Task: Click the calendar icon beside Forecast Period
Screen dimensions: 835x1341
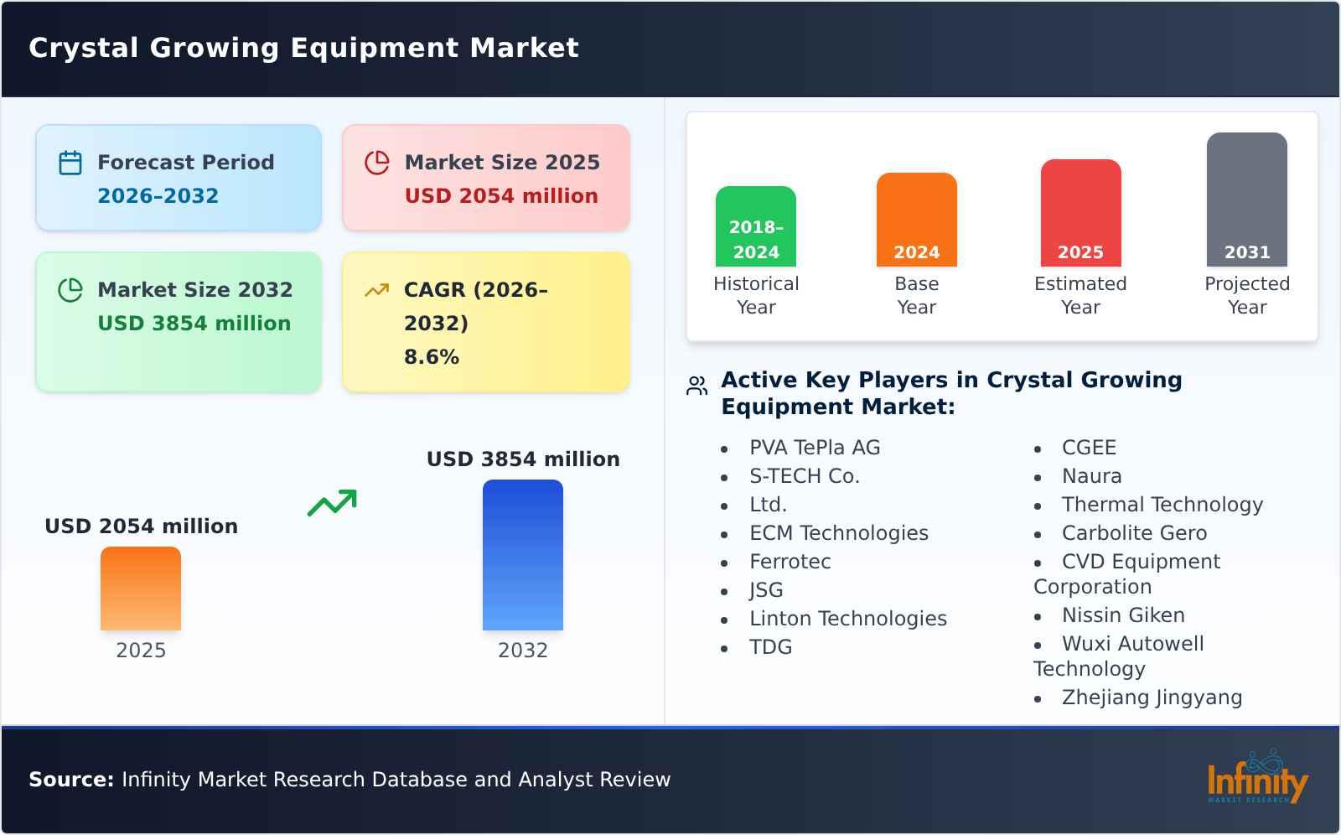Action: click(x=70, y=163)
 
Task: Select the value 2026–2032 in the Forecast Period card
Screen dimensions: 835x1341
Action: click(x=158, y=196)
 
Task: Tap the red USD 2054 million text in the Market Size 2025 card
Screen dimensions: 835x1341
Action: click(x=501, y=196)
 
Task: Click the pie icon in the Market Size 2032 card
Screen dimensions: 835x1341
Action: click(x=70, y=290)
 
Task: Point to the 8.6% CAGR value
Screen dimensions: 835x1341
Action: click(x=431, y=357)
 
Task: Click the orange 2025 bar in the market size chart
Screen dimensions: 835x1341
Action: click(x=141, y=589)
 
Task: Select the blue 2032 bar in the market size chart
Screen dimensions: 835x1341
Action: click(x=522, y=555)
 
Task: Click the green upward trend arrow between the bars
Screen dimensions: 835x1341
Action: click(x=332, y=503)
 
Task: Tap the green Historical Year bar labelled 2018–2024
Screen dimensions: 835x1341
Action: click(x=756, y=226)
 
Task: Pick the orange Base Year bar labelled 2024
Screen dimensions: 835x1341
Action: click(x=916, y=220)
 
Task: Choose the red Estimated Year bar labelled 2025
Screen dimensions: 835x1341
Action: click(x=1080, y=213)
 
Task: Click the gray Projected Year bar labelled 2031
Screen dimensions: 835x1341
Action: click(x=1246, y=200)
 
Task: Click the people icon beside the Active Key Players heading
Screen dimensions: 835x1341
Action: click(x=696, y=386)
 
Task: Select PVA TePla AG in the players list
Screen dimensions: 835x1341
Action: click(x=815, y=448)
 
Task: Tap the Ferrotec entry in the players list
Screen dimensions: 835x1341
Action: click(x=790, y=562)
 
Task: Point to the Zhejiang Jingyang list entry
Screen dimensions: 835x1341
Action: click(x=1152, y=698)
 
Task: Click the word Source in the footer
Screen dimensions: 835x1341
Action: click(x=70, y=780)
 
